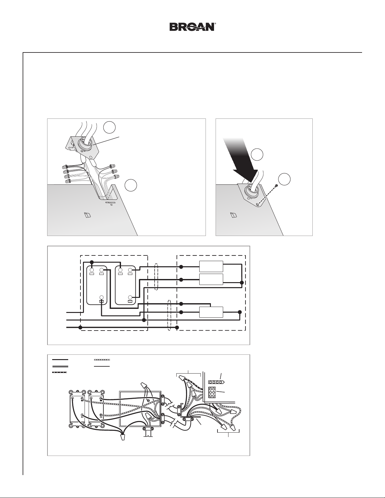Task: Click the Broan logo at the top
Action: (x=192, y=27)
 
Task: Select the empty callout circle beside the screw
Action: (x=284, y=179)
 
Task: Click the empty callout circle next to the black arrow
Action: (x=257, y=155)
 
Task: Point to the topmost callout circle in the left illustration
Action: (x=109, y=128)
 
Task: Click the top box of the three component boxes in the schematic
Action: (x=211, y=266)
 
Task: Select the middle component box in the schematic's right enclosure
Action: (x=211, y=279)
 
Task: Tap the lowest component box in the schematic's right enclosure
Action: (x=211, y=312)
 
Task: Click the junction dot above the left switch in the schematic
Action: (x=92, y=262)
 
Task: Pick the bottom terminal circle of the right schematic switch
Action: (x=130, y=297)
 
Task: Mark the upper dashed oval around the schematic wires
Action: (x=157, y=277)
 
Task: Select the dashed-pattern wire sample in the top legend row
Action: (x=102, y=359)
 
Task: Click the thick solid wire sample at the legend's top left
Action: (x=60, y=359)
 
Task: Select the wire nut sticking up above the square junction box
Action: (x=144, y=385)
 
